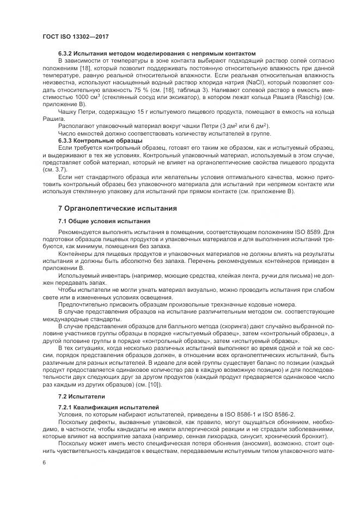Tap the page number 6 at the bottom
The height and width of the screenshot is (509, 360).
(x=44, y=461)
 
